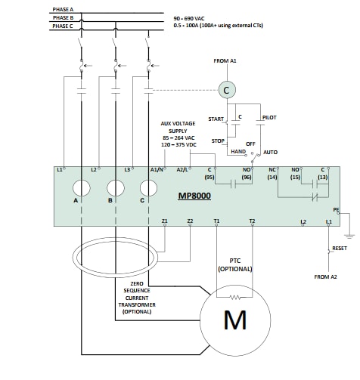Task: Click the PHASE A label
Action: [x=64, y=10]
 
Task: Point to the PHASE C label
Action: [x=64, y=26]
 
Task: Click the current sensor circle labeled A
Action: [x=81, y=188]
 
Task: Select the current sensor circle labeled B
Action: [x=115, y=188]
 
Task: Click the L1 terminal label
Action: [x=61, y=170]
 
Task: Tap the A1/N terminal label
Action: [x=157, y=170]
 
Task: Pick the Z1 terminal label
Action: [x=164, y=221]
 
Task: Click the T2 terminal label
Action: [x=252, y=221]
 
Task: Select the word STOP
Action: [x=218, y=141]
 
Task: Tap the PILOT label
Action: [x=268, y=118]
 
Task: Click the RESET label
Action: [x=340, y=248]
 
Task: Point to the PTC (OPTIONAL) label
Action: [x=234, y=265]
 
